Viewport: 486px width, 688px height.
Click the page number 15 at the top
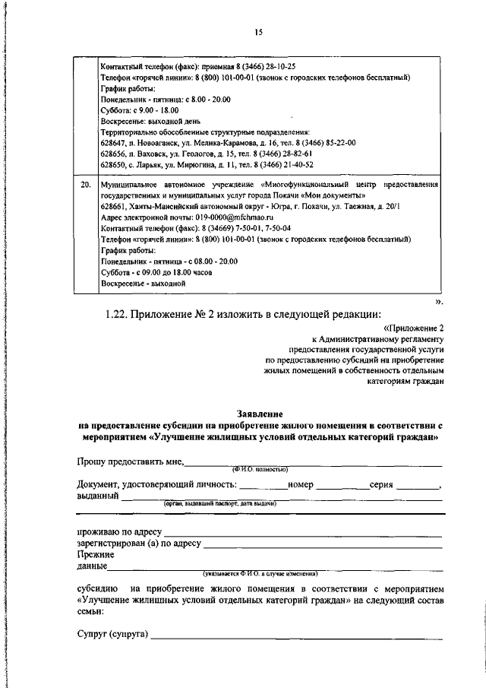coord(258,32)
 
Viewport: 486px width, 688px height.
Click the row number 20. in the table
coord(86,185)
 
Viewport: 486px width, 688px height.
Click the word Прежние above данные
coord(94,555)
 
